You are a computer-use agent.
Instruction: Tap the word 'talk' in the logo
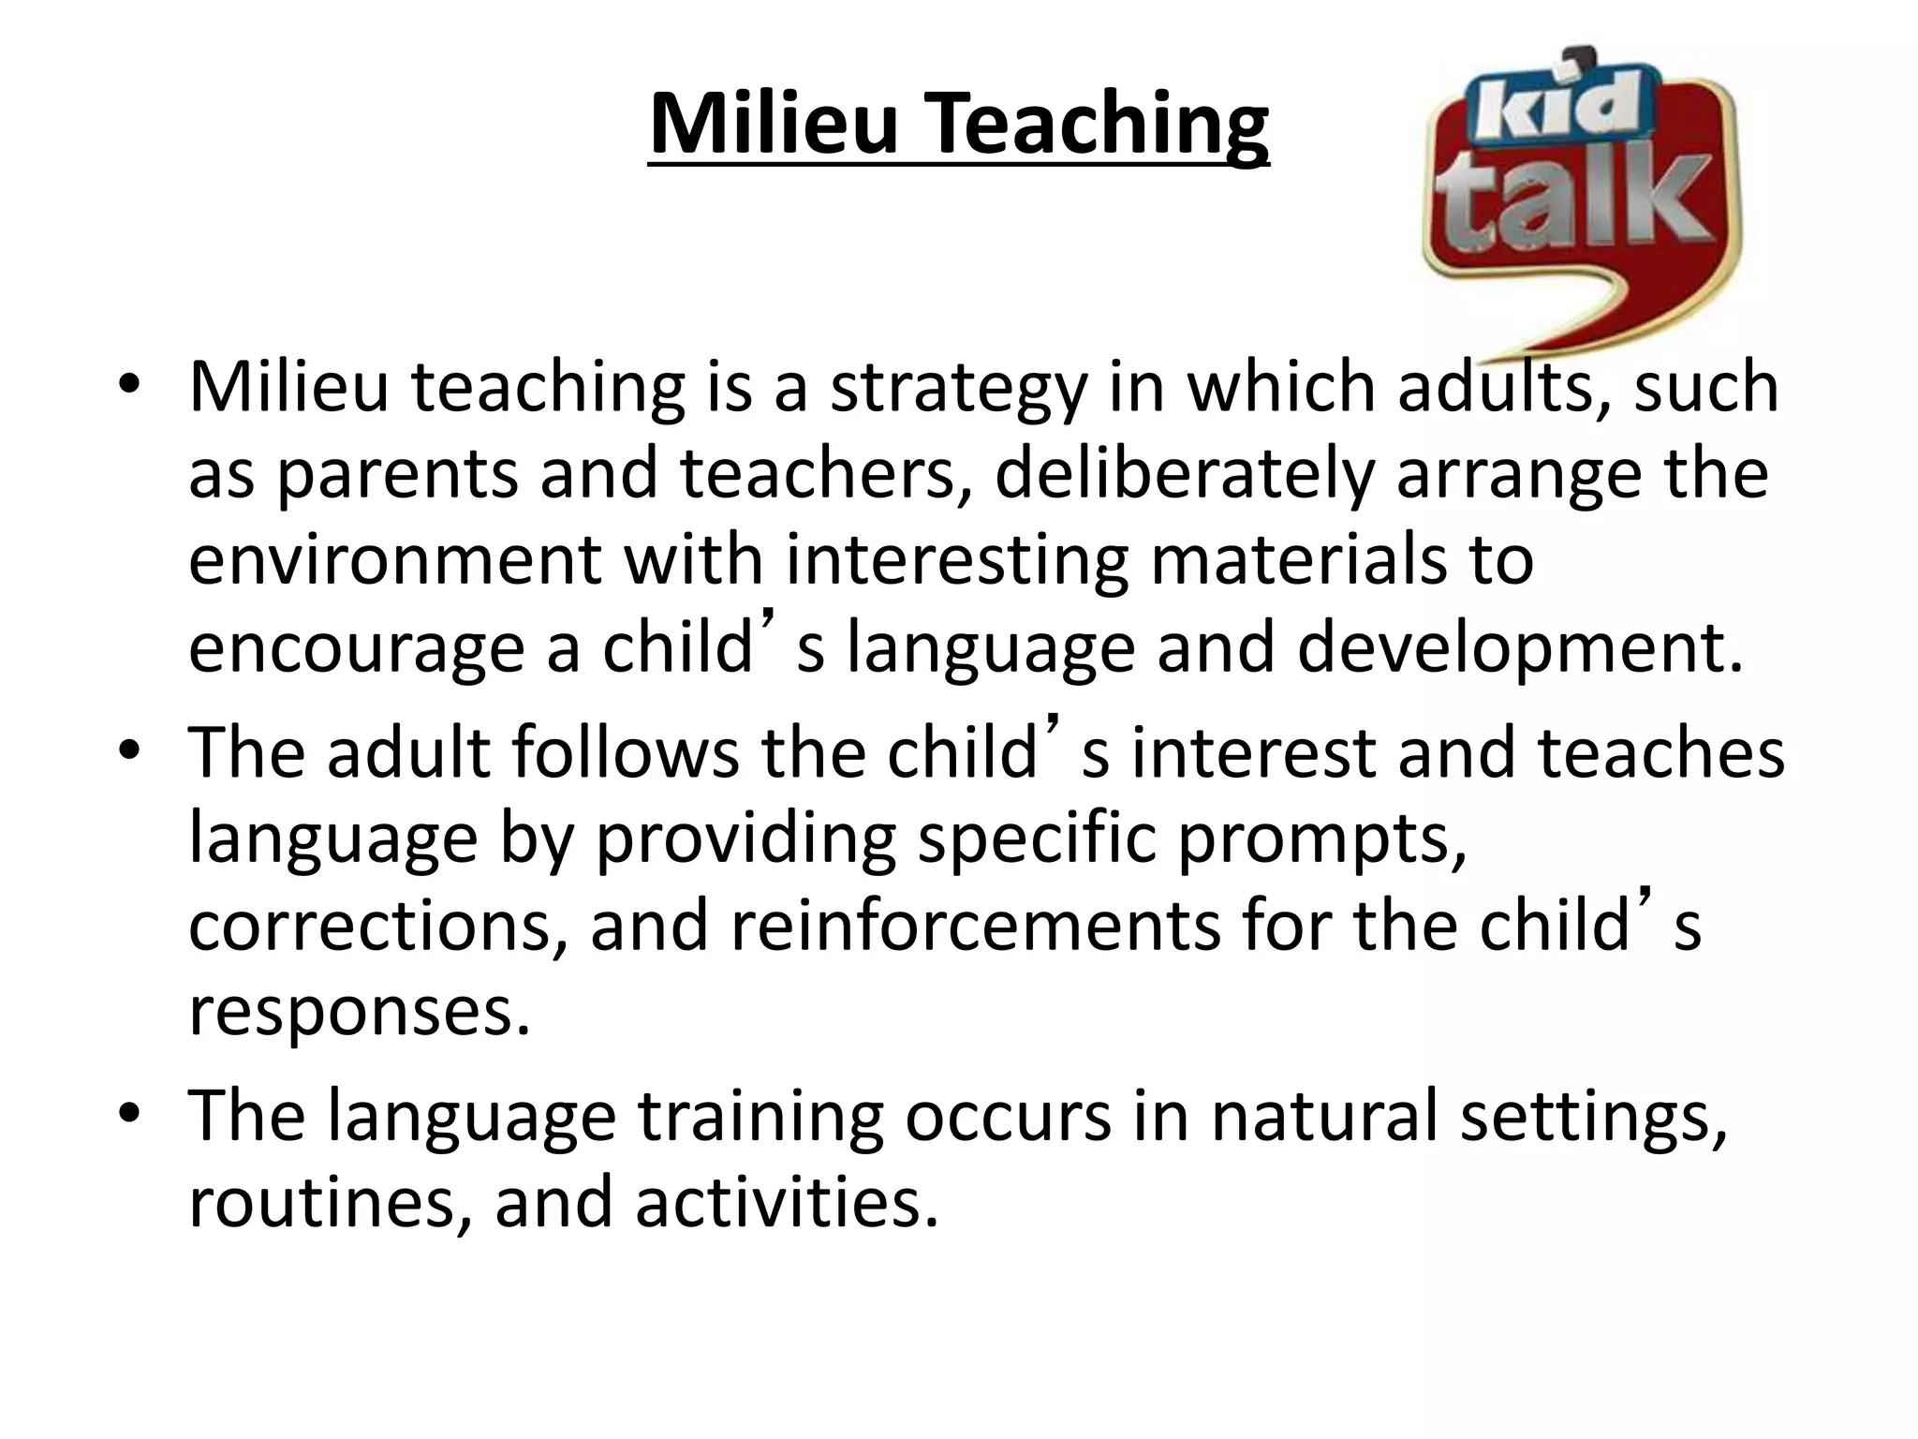click(x=1572, y=207)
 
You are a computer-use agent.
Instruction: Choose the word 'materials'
click(x=1296, y=560)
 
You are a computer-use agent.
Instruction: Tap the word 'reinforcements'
click(x=975, y=926)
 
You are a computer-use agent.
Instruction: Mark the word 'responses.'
click(x=360, y=1013)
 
